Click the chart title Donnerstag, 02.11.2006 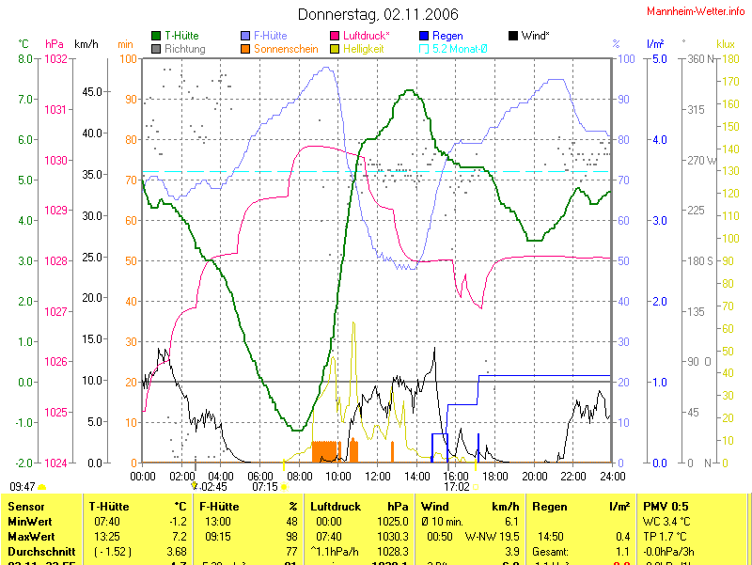378,14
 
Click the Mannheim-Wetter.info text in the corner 697,10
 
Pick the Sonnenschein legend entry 286,48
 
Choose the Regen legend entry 446,36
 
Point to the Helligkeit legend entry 363,48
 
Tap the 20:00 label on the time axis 535,476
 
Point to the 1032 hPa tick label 55,59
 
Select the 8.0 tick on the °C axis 25,59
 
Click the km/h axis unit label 86,44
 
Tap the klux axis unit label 725,44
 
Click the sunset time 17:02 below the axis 457,487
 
